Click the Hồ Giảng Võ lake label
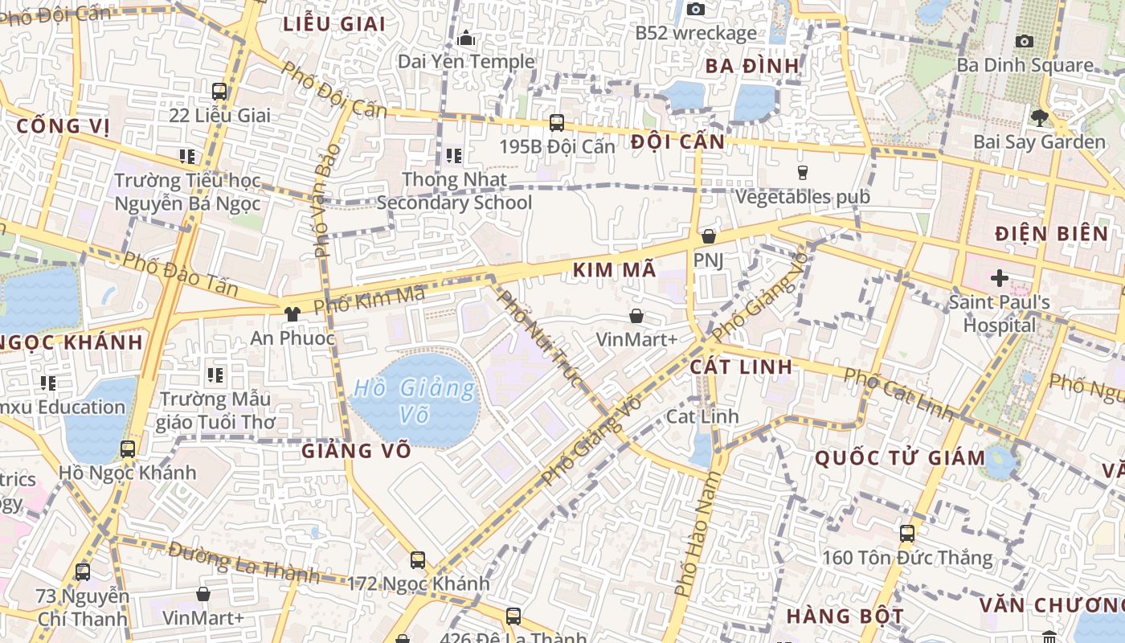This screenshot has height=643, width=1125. pos(415,401)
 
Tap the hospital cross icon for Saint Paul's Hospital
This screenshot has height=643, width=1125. pos(999,278)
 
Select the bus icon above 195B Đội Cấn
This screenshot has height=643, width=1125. pos(556,123)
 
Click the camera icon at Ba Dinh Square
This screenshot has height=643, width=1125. pos(1024,41)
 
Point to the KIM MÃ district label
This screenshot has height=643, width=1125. pos(615,271)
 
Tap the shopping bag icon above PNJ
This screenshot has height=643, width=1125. pos(708,236)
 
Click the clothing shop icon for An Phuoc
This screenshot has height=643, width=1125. pos(292,313)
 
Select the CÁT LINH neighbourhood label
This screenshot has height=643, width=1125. pos(741,367)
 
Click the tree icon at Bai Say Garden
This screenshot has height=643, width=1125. pos(1039,118)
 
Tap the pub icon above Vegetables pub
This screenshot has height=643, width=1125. pos(801,172)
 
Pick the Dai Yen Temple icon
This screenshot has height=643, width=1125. pos(466,38)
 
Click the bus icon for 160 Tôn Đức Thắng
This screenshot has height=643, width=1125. pos(906,533)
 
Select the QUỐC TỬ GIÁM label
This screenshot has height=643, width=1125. pos(900,459)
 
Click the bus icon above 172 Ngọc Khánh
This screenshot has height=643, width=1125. pos(417,559)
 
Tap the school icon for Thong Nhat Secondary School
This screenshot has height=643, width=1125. pos(454,155)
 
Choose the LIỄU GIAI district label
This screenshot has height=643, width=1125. pos(333,24)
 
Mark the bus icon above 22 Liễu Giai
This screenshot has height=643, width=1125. pos(219,92)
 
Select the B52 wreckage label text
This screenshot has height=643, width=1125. pos(695,33)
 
